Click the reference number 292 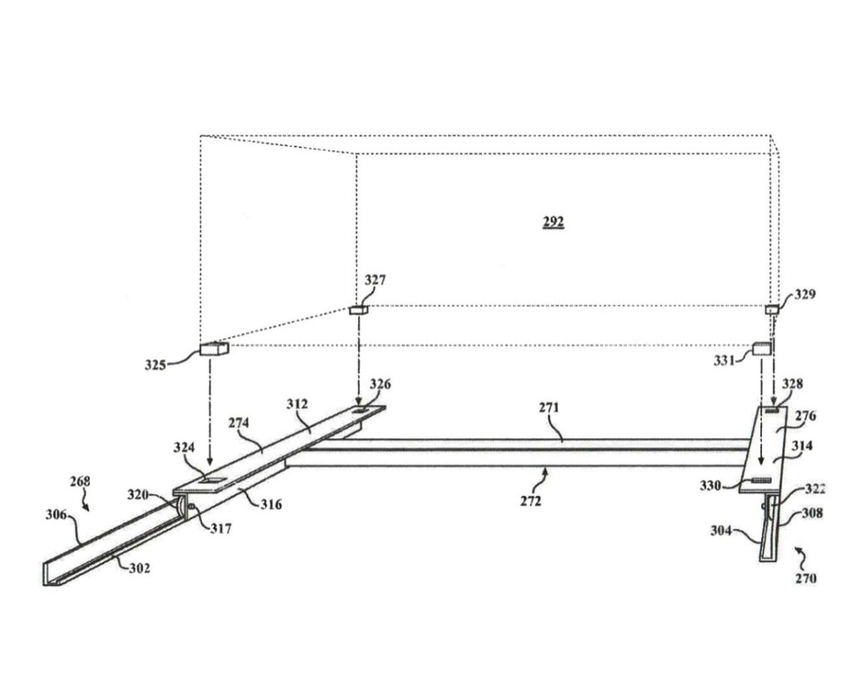[x=552, y=222]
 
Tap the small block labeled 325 [x=214, y=350]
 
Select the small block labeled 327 [x=359, y=309]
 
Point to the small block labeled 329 [x=771, y=309]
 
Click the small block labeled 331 [x=763, y=348]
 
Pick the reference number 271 [x=549, y=408]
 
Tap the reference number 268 [x=81, y=481]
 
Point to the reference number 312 [x=298, y=403]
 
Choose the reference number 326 [x=381, y=384]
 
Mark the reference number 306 [x=57, y=515]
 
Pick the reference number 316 [x=273, y=504]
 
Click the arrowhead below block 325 [x=210, y=462]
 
